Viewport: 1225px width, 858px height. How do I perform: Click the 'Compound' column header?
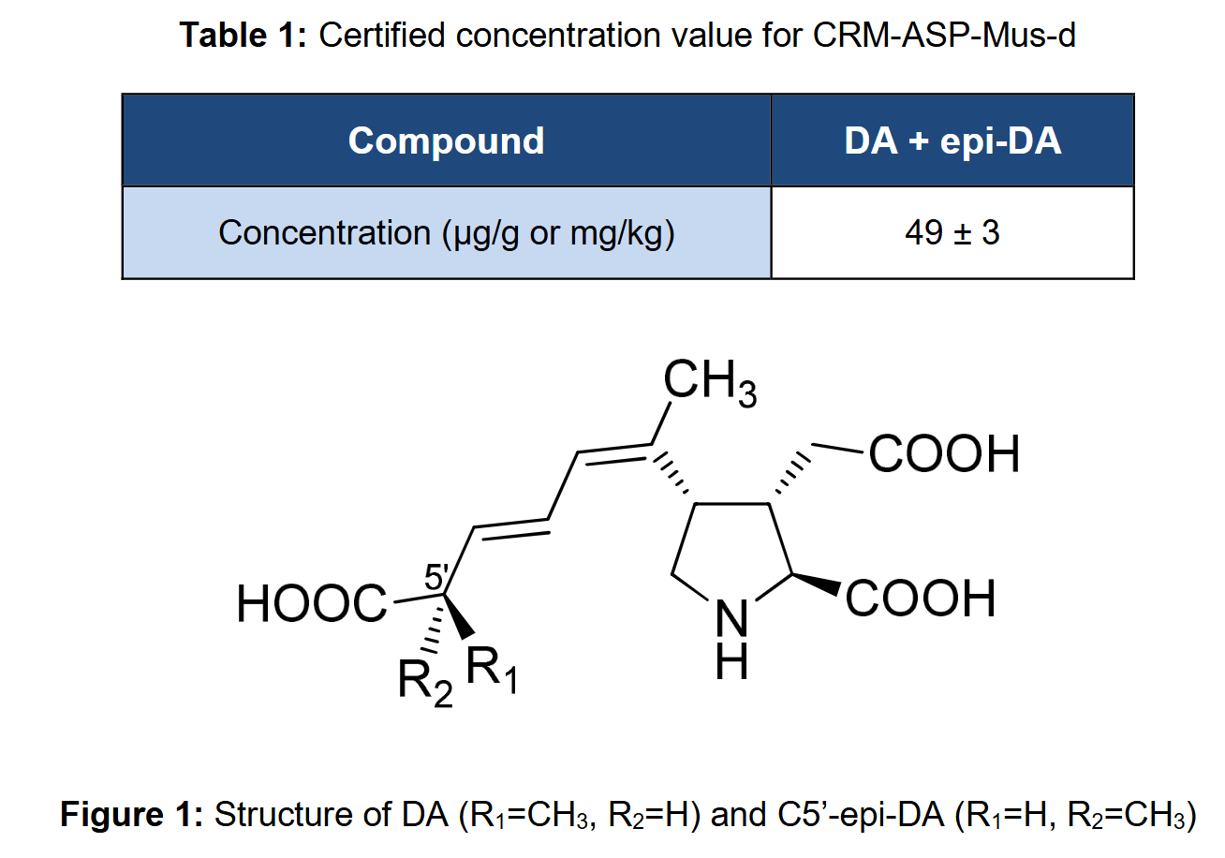(x=446, y=141)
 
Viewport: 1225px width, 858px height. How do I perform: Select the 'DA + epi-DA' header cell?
(x=952, y=141)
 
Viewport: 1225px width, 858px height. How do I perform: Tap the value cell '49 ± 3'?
(x=952, y=233)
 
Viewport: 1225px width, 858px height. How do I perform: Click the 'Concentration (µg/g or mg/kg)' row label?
(x=446, y=233)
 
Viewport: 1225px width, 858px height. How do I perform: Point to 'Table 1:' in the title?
(x=243, y=36)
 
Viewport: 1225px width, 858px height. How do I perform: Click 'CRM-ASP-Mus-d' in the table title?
(x=944, y=36)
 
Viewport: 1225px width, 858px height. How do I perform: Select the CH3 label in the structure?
(x=710, y=383)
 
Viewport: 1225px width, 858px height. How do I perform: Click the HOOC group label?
(x=312, y=604)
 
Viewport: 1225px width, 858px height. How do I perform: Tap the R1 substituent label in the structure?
(x=491, y=671)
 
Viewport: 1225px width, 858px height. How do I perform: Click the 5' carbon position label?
(x=436, y=576)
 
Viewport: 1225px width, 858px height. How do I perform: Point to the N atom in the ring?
(x=731, y=619)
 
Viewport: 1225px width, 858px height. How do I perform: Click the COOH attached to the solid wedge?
(x=921, y=599)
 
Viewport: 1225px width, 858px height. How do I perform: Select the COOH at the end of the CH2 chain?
(x=944, y=454)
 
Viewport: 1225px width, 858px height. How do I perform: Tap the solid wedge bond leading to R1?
(x=458, y=615)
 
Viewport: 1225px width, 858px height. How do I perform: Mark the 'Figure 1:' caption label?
(x=131, y=815)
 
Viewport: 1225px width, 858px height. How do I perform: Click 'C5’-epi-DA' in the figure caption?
(x=861, y=815)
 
